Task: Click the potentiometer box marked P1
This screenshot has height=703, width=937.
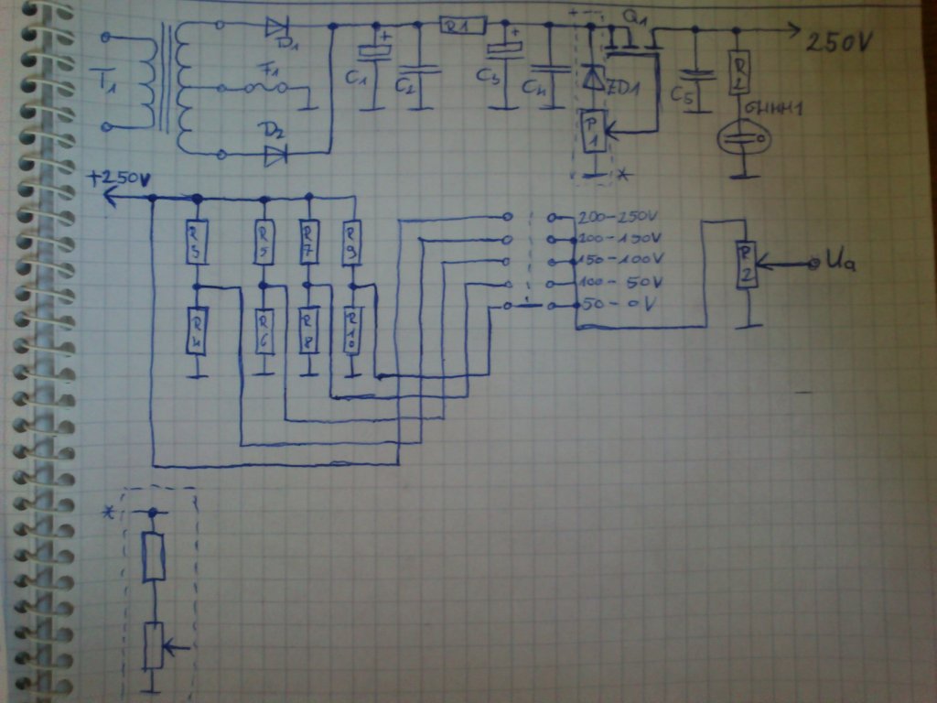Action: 593,131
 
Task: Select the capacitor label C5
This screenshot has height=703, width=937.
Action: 680,95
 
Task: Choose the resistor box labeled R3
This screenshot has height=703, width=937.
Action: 194,243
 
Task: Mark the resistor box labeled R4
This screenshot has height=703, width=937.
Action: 195,331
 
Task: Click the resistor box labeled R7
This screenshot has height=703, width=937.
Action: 308,243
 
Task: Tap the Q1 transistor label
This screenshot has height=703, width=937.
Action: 631,17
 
